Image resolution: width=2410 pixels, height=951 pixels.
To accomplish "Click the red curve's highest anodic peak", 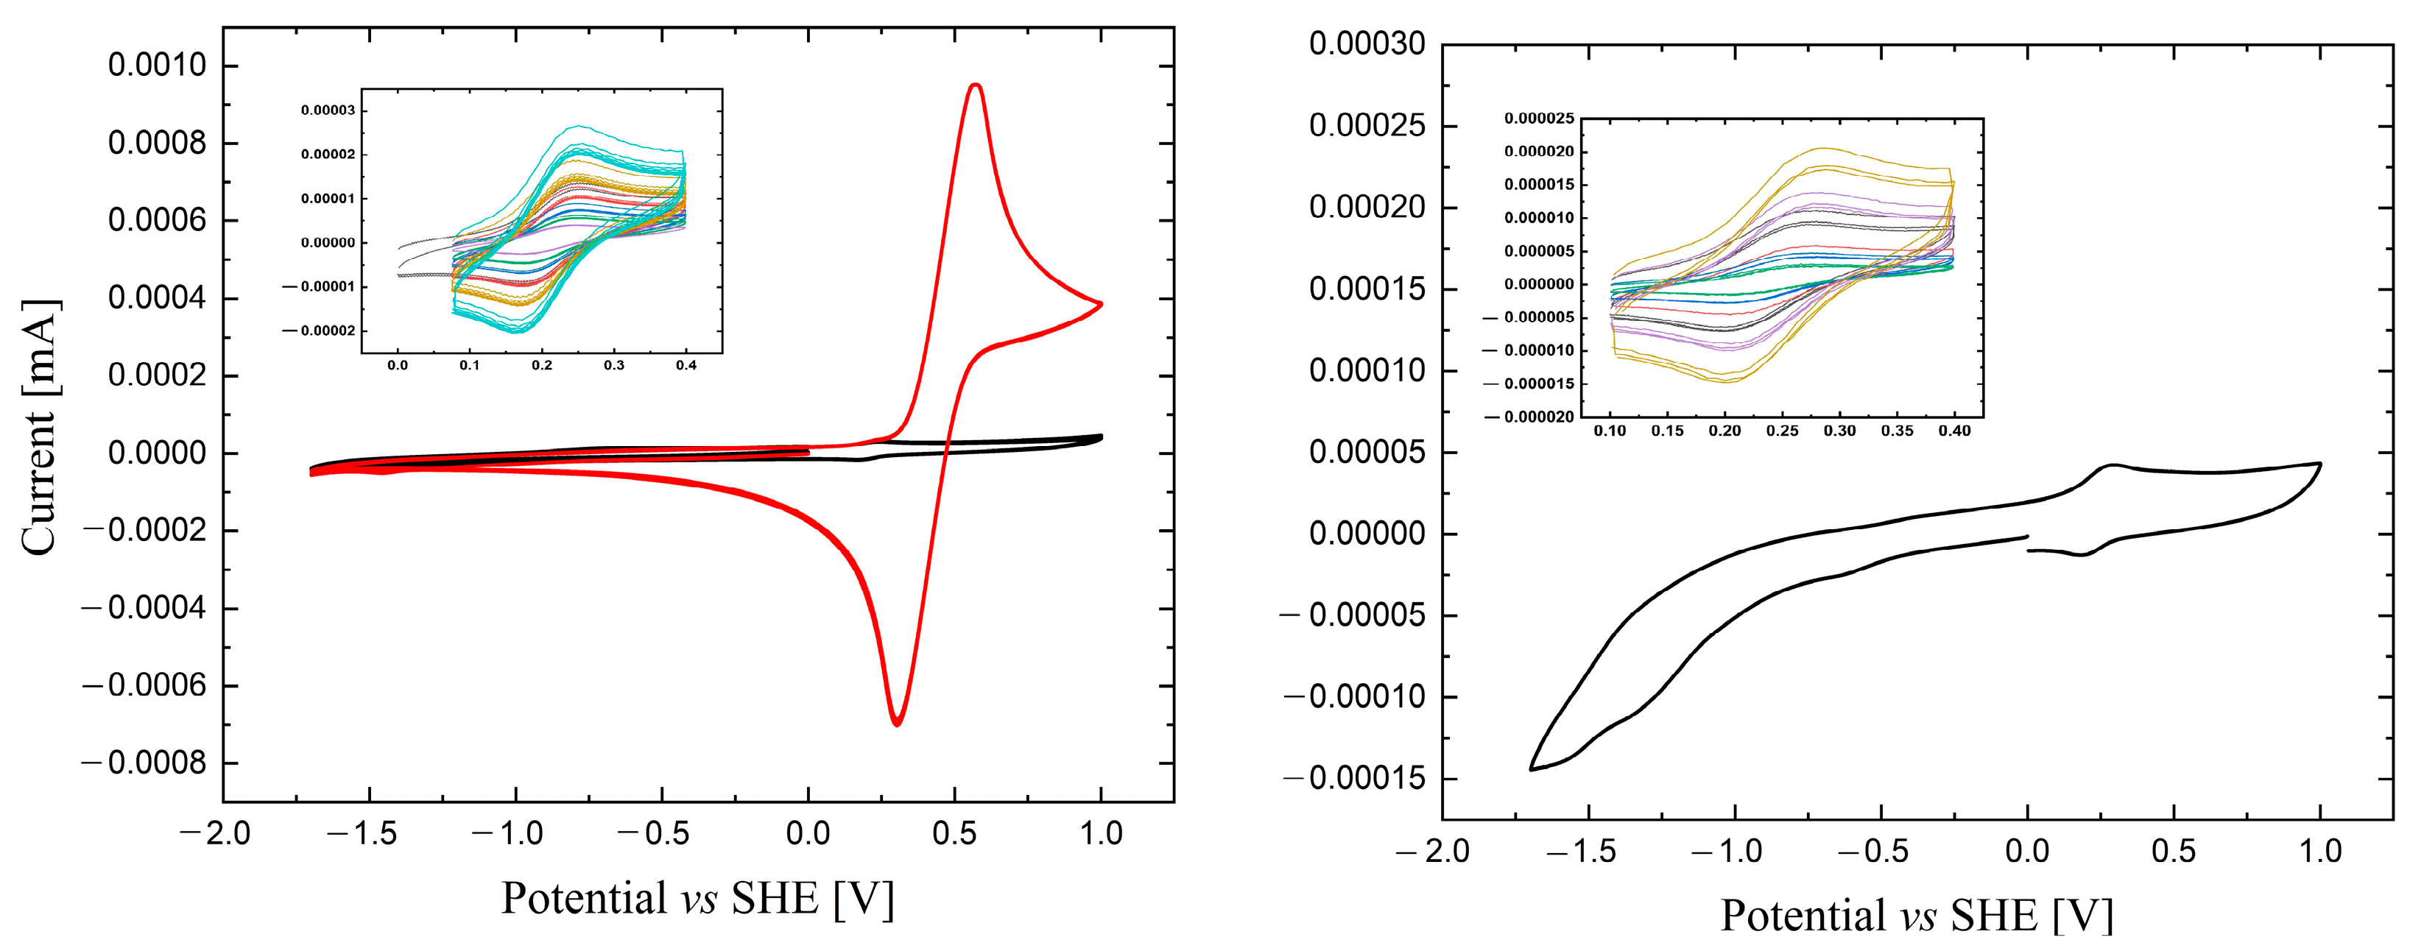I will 976,85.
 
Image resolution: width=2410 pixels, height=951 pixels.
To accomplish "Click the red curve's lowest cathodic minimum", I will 896,724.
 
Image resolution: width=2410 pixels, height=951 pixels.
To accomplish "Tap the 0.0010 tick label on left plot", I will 157,66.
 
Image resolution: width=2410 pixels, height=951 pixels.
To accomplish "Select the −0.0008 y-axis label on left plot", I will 144,763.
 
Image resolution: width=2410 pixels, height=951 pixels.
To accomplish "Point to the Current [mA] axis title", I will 39,428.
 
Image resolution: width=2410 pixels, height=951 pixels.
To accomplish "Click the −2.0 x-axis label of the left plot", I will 215,833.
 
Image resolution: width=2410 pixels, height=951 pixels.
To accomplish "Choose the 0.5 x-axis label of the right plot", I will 2174,851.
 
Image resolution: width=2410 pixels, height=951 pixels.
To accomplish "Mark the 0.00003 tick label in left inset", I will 328,110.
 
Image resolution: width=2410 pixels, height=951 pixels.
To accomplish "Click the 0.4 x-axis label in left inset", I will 686,366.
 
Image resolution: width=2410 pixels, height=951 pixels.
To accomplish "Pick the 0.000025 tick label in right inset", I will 1539,119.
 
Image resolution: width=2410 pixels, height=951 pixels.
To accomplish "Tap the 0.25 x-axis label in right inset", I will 1781,431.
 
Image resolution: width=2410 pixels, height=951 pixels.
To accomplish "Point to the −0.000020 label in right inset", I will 1529,417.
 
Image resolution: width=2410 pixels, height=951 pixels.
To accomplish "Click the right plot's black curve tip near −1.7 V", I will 1532,768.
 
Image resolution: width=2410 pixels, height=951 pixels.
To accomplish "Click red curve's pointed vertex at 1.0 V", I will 1101,303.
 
